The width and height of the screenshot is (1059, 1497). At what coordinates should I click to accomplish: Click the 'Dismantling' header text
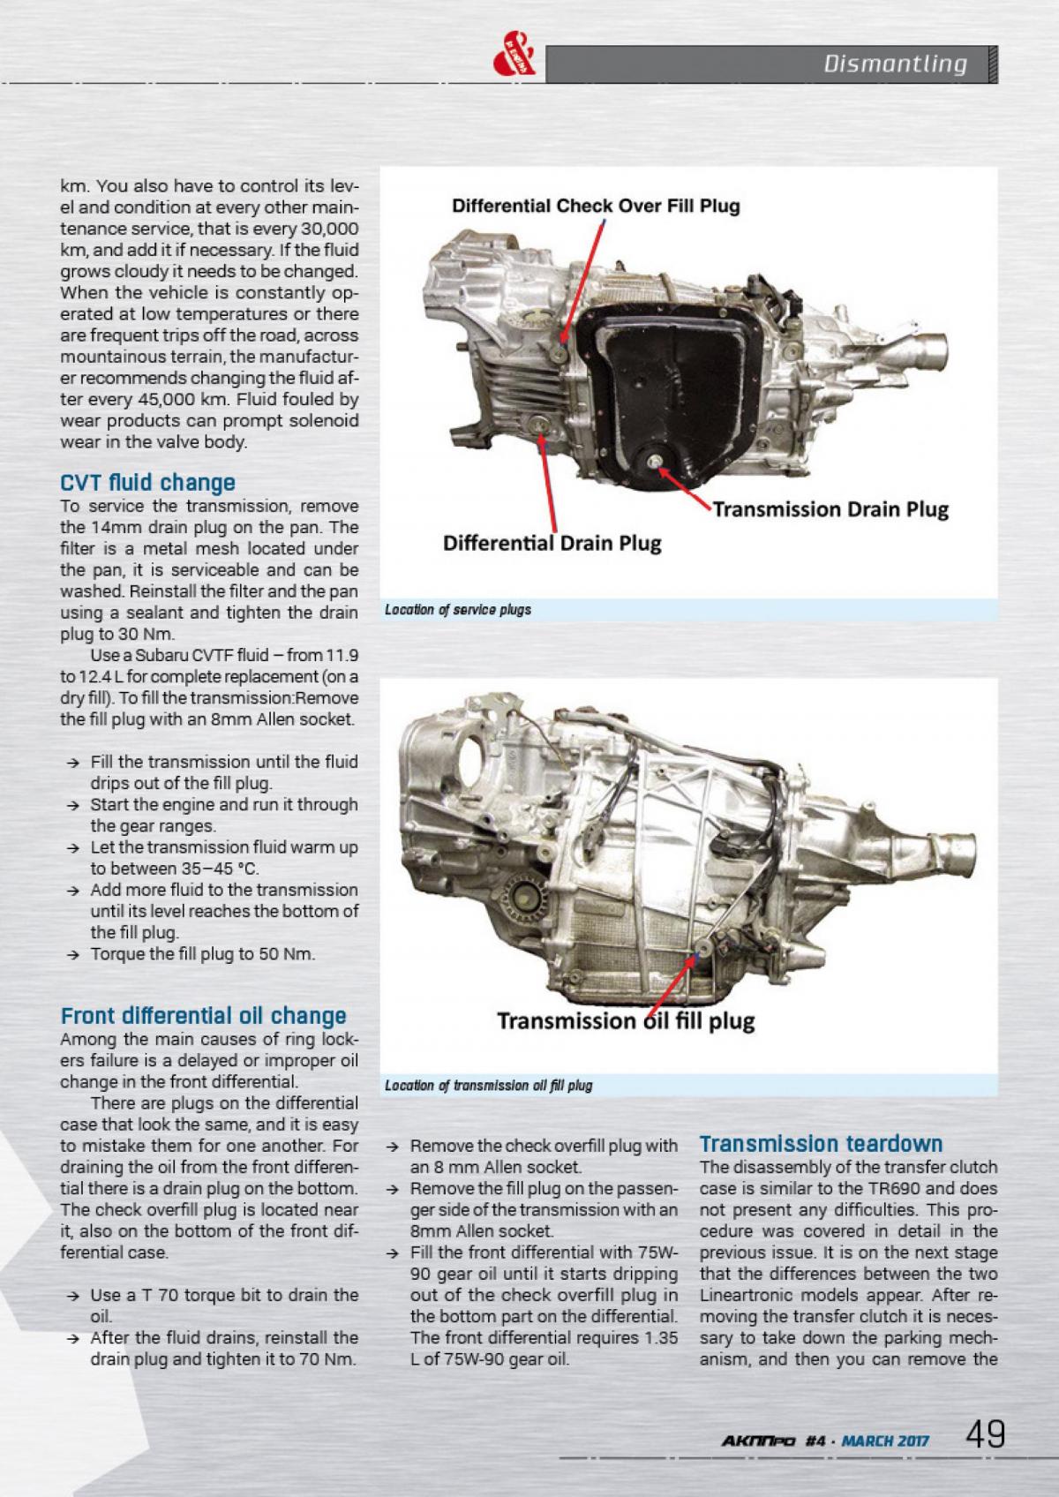tap(895, 64)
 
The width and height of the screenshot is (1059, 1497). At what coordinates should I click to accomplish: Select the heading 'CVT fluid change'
tap(147, 483)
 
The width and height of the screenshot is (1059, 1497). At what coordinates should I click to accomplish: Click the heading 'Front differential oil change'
tap(203, 1016)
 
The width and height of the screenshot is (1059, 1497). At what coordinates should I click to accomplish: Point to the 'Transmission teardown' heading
tap(821, 1144)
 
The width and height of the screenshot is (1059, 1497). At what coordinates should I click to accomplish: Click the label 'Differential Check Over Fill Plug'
tap(596, 207)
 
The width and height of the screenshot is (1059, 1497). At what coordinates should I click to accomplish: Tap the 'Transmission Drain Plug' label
tap(830, 509)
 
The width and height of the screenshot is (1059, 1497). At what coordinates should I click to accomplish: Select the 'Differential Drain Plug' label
tap(552, 542)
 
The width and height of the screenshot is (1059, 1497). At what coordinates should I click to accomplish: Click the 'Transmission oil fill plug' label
tap(626, 1021)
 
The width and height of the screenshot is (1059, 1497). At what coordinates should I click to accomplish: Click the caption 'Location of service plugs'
tap(458, 610)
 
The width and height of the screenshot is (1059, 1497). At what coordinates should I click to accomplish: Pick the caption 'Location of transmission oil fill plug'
tap(488, 1086)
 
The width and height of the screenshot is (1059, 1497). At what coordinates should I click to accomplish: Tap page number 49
tap(985, 1434)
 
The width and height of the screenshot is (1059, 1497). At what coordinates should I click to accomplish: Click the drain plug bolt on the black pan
tap(653, 461)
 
